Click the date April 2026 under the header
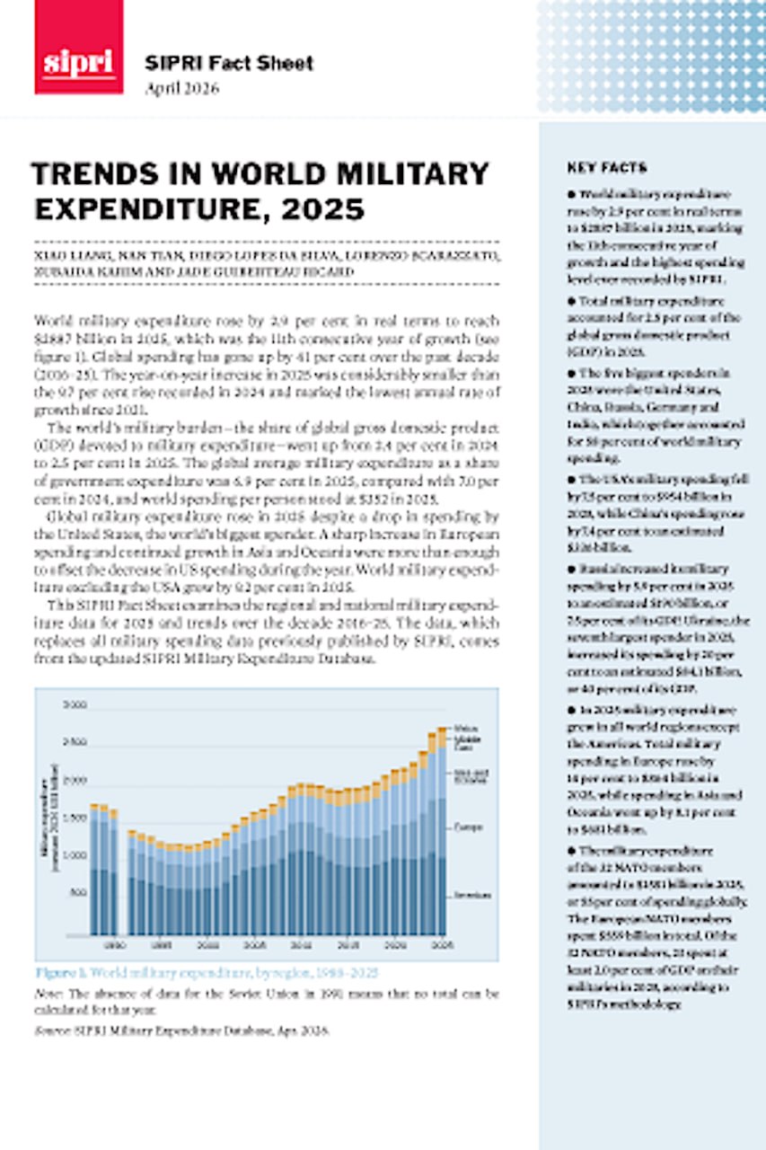[x=182, y=88]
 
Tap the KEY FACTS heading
[x=607, y=168]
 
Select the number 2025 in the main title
[x=324, y=209]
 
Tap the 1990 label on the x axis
[x=113, y=945]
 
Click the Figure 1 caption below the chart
[x=207, y=973]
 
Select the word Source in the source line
[x=50, y=1031]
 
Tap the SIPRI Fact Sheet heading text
[x=229, y=63]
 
